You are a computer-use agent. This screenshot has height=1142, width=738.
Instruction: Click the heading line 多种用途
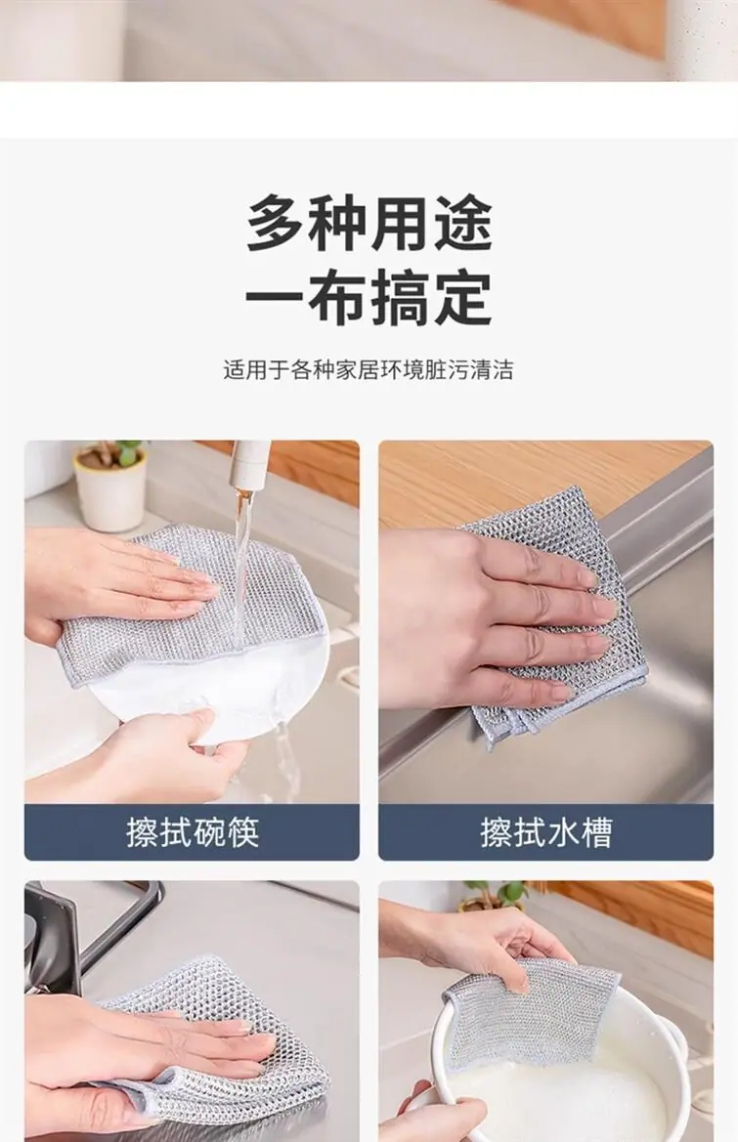point(369,222)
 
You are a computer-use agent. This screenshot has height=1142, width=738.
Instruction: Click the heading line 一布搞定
point(369,298)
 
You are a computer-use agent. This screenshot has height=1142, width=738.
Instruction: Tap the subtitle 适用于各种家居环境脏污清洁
point(369,370)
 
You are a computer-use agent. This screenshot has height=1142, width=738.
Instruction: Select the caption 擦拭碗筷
point(193,831)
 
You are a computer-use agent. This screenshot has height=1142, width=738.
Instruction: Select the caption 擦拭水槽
point(545,831)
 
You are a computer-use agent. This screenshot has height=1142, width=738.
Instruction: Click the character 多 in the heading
point(276,222)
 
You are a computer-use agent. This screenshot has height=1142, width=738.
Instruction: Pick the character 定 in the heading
point(463,298)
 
